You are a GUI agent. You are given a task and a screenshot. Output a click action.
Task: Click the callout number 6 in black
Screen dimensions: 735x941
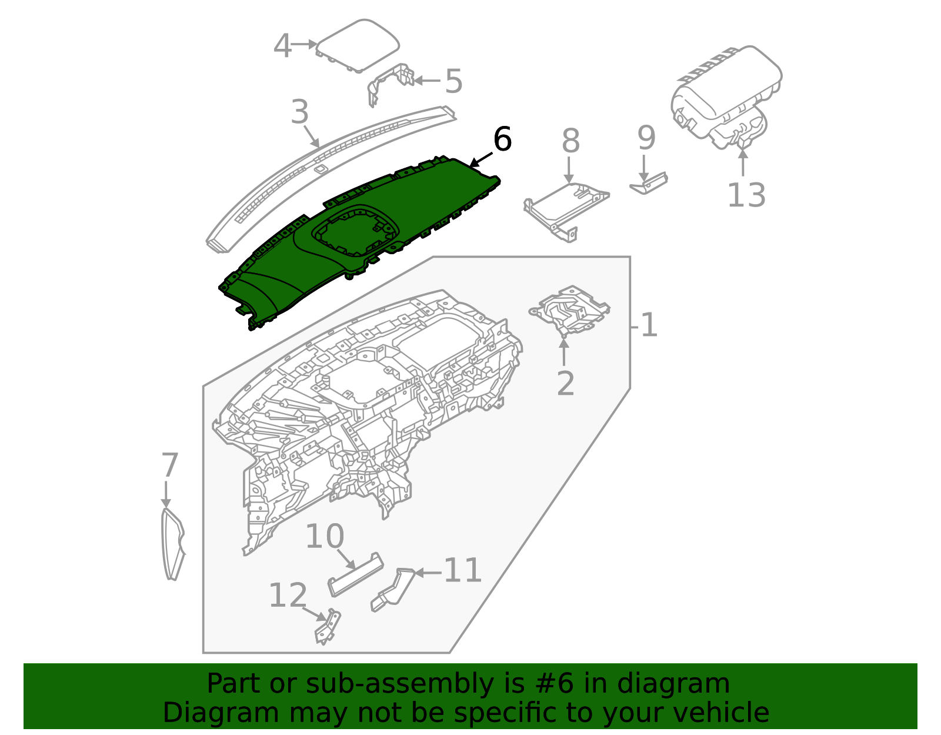tap(502, 140)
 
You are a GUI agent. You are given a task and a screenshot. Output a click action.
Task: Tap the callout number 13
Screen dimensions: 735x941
tap(746, 195)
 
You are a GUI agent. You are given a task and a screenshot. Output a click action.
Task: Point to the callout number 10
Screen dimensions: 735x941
tap(325, 537)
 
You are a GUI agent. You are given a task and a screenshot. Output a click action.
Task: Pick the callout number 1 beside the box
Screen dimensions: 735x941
tap(649, 325)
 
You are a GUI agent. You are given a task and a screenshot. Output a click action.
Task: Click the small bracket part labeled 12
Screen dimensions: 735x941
tap(328, 628)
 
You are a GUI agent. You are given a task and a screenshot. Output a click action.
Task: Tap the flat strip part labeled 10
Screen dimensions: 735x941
tap(355, 575)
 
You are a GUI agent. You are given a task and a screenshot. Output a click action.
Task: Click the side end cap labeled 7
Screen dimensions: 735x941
tap(172, 544)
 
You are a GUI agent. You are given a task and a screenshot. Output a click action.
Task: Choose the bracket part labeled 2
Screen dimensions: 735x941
tap(569, 310)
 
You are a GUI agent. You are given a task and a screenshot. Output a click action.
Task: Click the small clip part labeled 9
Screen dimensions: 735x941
tap(649, 184)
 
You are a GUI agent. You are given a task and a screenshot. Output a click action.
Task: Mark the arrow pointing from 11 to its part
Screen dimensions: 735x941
tap(428, 572)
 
